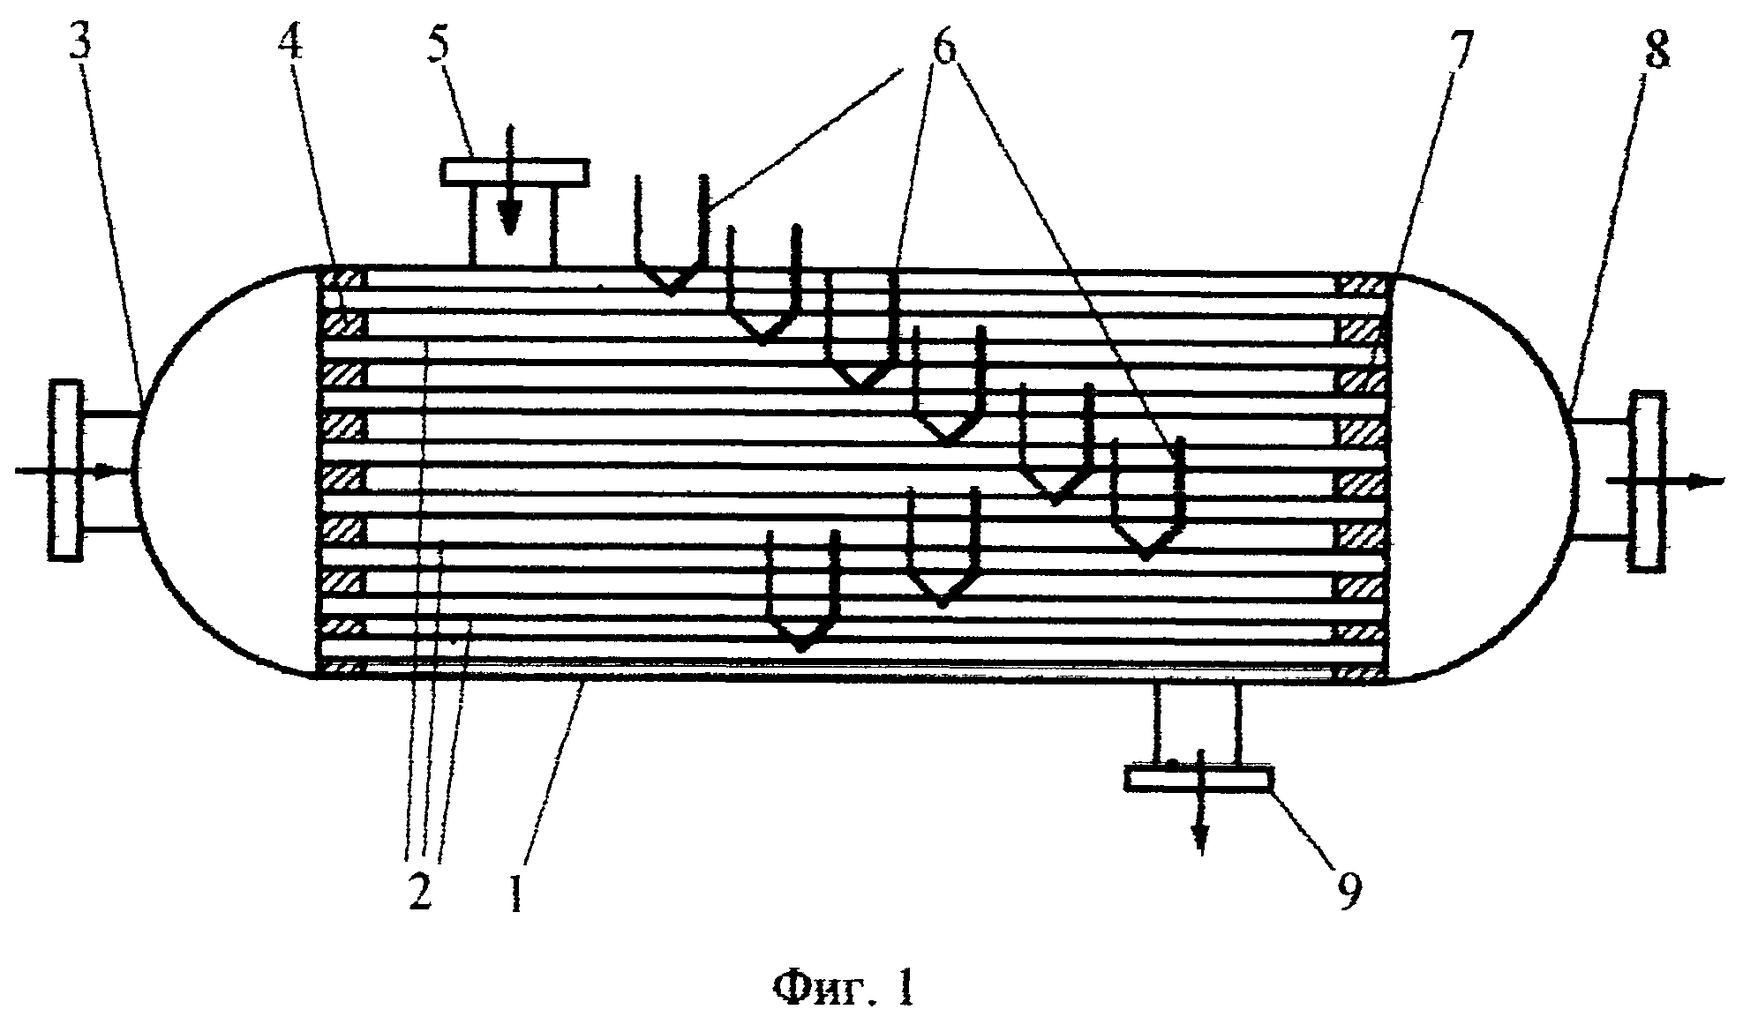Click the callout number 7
tap(1461, 53)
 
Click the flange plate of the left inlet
tap(65, 469)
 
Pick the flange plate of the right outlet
tap(1646, 481)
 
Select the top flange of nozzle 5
tap(515, 172)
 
